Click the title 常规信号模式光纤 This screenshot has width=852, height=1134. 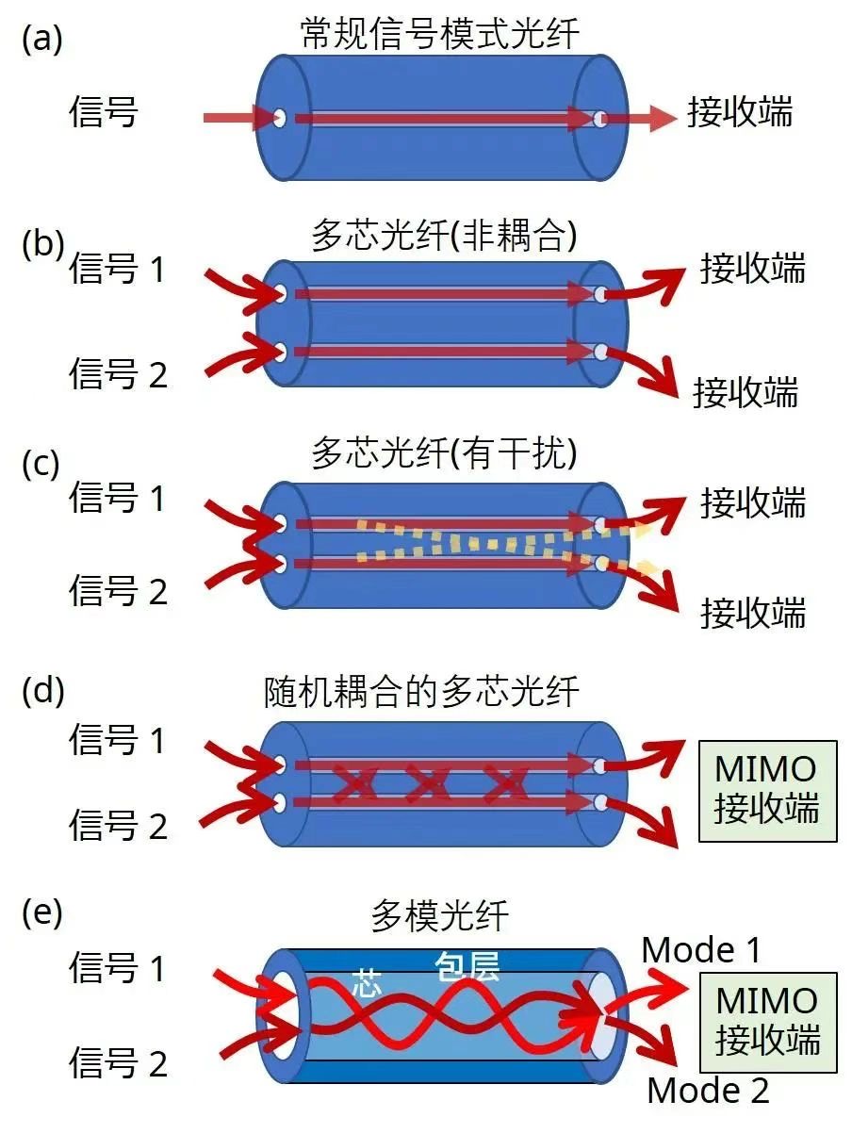point(439,35)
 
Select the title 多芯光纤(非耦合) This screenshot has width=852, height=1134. point(443,237)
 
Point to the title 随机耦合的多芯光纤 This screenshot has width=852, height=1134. point(422,693)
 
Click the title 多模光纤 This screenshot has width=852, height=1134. point(439,915)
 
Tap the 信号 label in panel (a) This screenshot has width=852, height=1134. point(104,112)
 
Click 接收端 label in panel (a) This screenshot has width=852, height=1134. point(740,112)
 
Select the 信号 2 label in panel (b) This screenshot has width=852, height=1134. point(118,373)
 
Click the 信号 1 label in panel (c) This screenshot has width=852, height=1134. point(118,497)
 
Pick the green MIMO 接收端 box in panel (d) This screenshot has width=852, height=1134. point(766,790)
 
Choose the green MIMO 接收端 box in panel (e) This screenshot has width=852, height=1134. point(767,1022)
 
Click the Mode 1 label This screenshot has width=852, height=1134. point(701,950)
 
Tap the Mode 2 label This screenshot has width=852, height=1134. point(708,1091)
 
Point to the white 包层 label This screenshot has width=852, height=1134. point(467,966)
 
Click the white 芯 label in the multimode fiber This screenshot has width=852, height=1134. point(367,981)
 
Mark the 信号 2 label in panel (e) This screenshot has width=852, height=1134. point(118,1062)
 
